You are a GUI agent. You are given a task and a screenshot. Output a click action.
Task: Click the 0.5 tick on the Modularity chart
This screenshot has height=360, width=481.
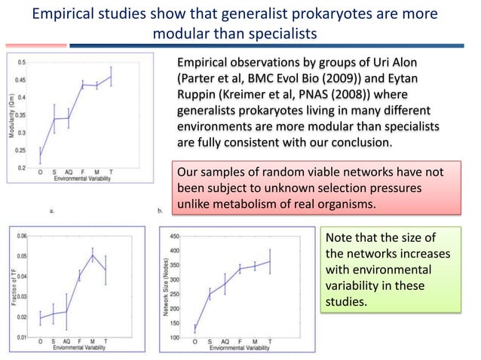pyautogui.click(x=23, y=63)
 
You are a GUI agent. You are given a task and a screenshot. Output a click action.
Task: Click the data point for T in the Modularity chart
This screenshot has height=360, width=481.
pyautogui.click(x=111, y=77)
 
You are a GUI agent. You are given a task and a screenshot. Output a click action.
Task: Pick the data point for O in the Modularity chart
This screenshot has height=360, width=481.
pyautogui.click(x=40, y=156)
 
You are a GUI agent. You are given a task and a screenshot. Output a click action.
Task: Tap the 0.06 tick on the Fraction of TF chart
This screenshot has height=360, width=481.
pyautogui.click(x=23, y=236)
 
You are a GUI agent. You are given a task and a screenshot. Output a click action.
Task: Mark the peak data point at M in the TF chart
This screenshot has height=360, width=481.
pyautogui.click(x=93, y=255)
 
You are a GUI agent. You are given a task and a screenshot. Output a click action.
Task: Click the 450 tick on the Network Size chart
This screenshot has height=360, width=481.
pyautogui.click(x=175, y=236)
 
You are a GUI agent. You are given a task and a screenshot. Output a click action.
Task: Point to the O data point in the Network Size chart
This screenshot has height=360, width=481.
pyautogui.click(x=195, y=328)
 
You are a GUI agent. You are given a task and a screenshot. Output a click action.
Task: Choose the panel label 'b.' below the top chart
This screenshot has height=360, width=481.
pyautogui.click(x=161, y=211)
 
